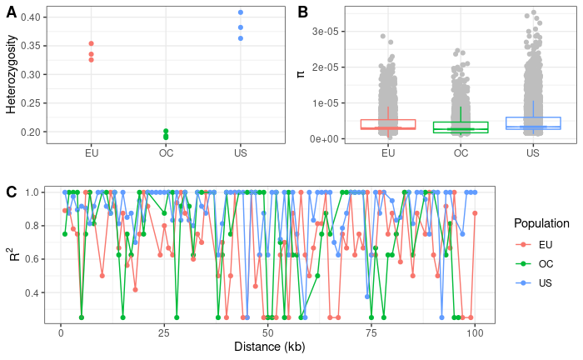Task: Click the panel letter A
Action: [x=12, y=12]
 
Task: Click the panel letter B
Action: [x=303, y=12]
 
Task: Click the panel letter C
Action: [x=12, y=192]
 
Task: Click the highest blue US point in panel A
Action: [x=241, y=12]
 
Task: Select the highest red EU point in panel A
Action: [x=91, y=43]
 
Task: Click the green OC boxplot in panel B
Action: [x=461, y=127]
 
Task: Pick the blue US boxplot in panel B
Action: [x=533, y=123]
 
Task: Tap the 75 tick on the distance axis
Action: [x=371, y=332]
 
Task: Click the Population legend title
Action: [x=541, y=223]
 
